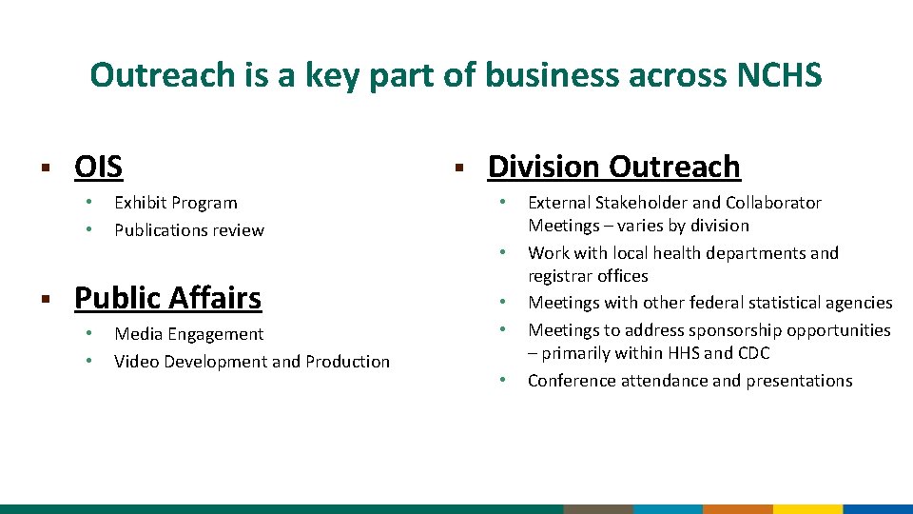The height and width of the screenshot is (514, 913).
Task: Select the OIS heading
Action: tap(98, 167)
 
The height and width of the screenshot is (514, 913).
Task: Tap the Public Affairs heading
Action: tap(167, 298)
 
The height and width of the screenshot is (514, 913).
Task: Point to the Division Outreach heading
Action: tap(613, 167)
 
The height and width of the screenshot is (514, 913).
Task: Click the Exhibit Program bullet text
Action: tap(176, 203)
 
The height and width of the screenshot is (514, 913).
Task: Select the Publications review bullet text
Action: tap(189, 230)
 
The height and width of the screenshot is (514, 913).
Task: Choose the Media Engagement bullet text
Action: tap(188, 334)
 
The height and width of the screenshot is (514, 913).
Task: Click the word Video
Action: tap(136, 362)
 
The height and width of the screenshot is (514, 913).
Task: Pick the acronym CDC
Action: tap(751, 353)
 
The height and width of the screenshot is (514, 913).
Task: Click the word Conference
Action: tap(570, 381)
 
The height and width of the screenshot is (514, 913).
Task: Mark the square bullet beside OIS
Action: tap(44, 168)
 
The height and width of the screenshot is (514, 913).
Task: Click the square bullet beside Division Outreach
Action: tap(457, 168)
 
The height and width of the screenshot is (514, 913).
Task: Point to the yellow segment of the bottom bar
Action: tap(807, 509)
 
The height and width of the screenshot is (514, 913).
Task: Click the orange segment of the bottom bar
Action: tap(737, 509)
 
